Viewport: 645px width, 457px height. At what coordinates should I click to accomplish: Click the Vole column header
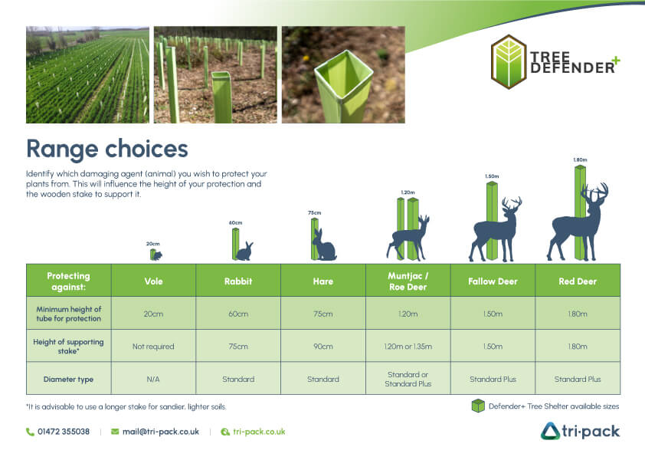tap(153, 281)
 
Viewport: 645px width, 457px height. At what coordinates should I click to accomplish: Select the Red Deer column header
tap(578, 281)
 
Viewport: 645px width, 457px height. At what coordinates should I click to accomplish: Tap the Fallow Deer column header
tap(493, 281)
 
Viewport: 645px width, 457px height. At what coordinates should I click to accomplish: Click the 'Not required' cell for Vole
tap(153, 347)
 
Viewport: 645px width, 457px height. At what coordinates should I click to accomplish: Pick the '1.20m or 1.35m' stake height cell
tap(408, 347)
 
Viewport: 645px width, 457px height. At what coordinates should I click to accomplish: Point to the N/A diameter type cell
tap(153, 380)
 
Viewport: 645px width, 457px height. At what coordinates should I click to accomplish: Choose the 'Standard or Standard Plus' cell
tap(408, 380)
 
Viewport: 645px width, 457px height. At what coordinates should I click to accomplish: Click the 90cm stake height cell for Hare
tap(323, 347)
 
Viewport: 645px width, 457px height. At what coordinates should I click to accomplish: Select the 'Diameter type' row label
tap(68, 380)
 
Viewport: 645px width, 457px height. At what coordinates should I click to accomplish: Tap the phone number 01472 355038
tap(64, 432)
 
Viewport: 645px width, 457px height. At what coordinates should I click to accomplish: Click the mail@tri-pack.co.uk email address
tap(160, 432)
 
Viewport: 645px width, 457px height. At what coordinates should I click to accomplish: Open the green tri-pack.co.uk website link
tap(259, 432)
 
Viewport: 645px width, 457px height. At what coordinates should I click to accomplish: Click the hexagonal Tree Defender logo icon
tap(509, 62)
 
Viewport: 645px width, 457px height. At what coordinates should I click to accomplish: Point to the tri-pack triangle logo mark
tap(550, 431)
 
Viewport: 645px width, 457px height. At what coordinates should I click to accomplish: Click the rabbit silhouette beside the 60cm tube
tap(245, 252)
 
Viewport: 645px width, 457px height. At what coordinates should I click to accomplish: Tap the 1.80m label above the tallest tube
tap(580, 159)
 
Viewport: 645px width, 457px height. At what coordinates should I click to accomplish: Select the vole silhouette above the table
tap(158, 255)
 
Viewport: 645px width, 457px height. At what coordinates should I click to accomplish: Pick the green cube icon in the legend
tap(478, 406)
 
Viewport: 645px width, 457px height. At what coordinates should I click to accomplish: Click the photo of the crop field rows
tap(87, 75)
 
